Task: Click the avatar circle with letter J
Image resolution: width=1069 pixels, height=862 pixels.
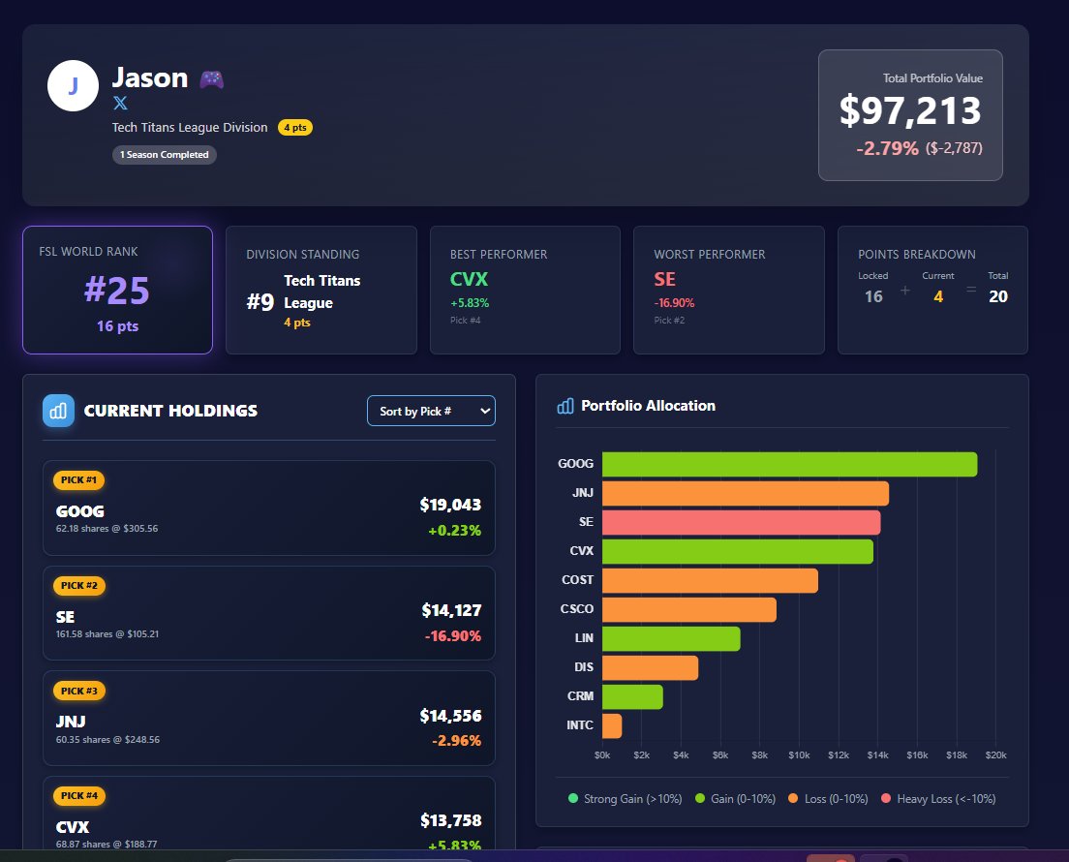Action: [x=73, y=85]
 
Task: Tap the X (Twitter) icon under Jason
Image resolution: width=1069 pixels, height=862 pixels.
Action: [x=120, y=103]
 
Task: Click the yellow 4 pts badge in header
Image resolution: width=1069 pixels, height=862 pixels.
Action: [x=295, y=128]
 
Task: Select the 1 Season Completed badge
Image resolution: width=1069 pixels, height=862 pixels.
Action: [x=165, y=155]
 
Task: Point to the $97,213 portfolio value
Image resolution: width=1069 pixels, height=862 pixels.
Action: [x=910, y=111]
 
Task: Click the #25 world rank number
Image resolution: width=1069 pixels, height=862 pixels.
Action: [x=117, y=291]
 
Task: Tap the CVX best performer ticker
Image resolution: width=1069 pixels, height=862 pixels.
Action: [x=470, y=280]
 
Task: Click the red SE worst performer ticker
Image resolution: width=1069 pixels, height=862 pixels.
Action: [x=665, y=280]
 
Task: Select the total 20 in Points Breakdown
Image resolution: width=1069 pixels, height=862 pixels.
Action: [x=998, y=296]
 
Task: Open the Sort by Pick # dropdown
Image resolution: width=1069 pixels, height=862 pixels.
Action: [x=431, y=411]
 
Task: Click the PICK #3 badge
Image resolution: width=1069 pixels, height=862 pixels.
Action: [x=79, y=691]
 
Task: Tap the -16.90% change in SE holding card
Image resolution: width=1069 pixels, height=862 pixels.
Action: [x=452, y=636]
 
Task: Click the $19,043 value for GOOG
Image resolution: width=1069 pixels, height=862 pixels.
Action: [x=450, y=505]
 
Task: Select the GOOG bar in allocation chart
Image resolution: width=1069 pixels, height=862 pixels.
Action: [x=789, y=464]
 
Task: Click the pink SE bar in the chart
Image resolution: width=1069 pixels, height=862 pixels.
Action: [x=741, y=522]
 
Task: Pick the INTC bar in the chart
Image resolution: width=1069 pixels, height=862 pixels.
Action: [x=612, y=725]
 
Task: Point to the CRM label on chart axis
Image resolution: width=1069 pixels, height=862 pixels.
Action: [x=580, y=696]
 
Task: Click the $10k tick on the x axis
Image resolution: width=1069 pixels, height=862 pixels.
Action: [x=799, y=755]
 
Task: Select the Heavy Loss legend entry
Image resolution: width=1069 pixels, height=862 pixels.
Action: [x=938, y=799]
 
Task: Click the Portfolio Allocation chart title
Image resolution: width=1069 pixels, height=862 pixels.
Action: [x=648, y=406]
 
